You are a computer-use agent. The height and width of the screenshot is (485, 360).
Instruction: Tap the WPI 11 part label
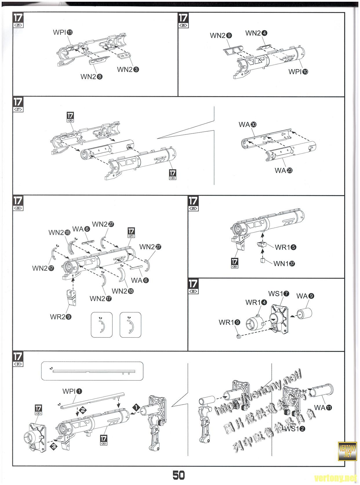click(x=63, y=32)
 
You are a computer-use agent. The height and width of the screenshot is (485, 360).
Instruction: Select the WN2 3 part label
click(x=128, y=70)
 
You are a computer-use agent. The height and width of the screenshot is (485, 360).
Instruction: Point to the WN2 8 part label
click(x=91, y=77)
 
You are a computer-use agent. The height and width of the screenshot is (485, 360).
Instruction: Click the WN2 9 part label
click(x=221, y=36)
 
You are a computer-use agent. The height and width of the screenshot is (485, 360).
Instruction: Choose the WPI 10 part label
click(x=298, y=72)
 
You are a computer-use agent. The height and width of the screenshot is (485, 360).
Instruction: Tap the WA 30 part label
click(x=248, y=125)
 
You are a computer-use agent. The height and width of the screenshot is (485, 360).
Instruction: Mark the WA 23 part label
click(x=283, y=170)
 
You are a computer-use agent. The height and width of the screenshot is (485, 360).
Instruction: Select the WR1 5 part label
click(x=286, y=247)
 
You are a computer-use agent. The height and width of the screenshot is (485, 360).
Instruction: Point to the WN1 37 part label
click(x=284, y=264)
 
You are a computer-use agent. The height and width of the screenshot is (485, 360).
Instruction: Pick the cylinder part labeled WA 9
click(x=306, y=314)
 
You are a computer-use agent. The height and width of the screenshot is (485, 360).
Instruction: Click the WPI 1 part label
click(x=72, y=391)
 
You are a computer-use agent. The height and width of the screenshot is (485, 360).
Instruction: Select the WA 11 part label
click(x=323, y=408)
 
